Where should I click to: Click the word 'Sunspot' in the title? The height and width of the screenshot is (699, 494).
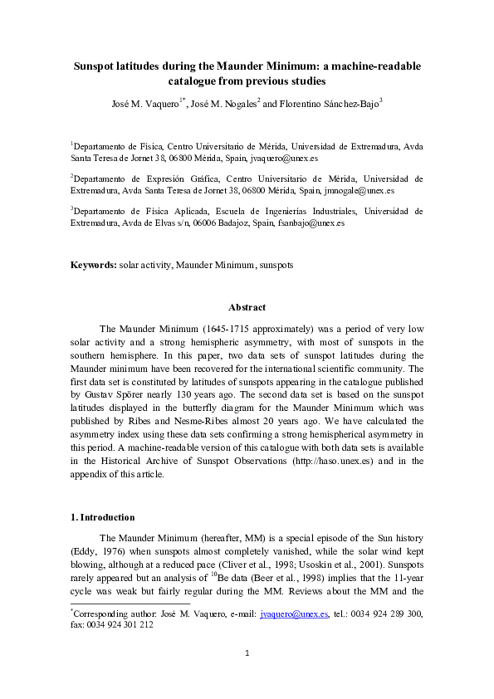point(97,66)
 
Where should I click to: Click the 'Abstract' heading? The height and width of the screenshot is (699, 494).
point(247,307)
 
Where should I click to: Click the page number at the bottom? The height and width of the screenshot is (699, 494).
point(247,677)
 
